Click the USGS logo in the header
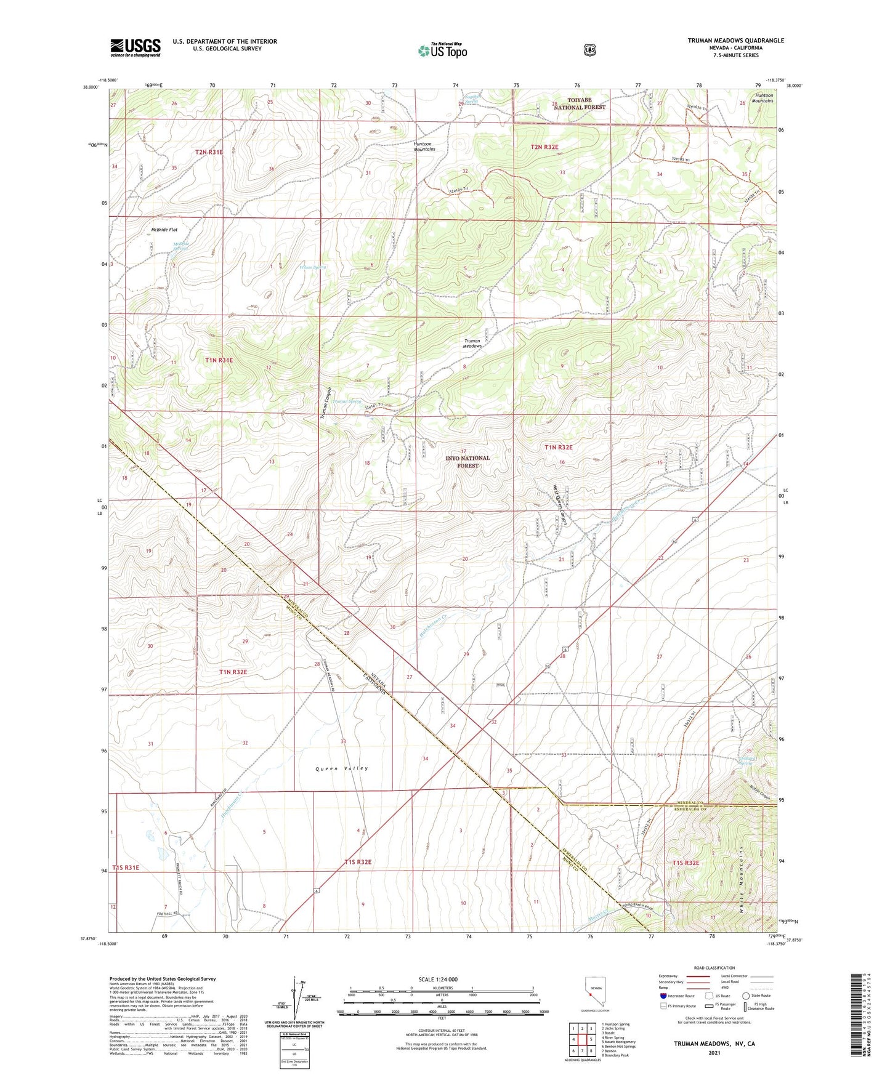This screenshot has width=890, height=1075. [136, 47]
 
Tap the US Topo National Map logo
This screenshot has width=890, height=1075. [442, 50]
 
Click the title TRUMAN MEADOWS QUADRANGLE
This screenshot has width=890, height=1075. [736, 41]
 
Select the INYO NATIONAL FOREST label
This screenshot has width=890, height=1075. [467, 462]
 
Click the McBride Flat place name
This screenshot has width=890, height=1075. [164, 230]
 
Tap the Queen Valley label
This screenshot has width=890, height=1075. [342, 768]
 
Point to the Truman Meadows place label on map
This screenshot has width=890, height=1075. [472, 344]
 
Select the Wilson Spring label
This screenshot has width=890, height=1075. [313, 267]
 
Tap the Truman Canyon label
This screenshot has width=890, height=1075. [326, 403]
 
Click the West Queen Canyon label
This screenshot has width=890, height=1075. [563, 504]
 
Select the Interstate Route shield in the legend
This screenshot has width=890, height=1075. [663, 996]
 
